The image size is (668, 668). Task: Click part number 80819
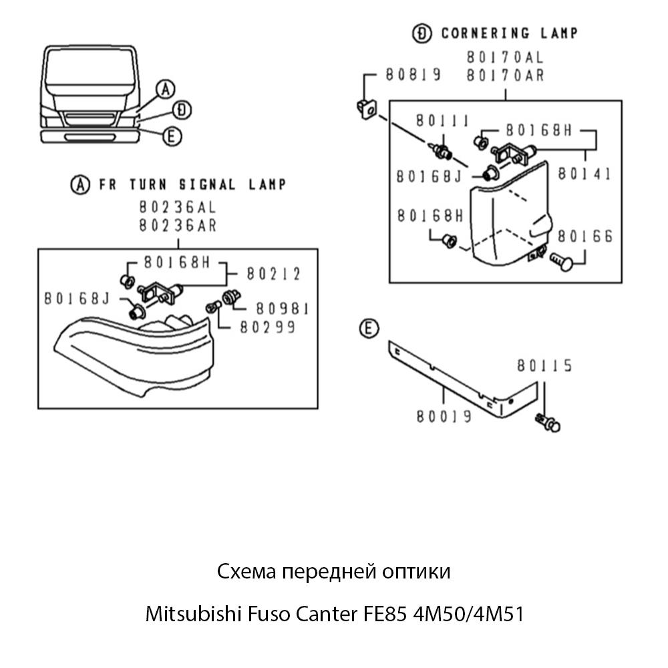click(x=412, y=75)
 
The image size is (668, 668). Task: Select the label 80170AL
click(x=505, y=58)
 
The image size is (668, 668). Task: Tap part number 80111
click(x=441, y=121)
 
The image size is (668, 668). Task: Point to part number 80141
click(x=585, y=174)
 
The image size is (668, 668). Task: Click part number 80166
click(x=585, y=237)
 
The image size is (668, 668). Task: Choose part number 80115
click(x=544, y=366)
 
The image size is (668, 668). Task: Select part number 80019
click(x=444, y=416)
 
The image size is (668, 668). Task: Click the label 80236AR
click(x=178, y=225)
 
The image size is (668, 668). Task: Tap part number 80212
click(x=273, y=274)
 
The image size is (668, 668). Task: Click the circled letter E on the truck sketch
click(x=172, y=137)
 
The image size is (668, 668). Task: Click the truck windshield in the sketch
click(x=89, y=69)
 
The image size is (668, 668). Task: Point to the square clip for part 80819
click(x=364, y=107)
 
